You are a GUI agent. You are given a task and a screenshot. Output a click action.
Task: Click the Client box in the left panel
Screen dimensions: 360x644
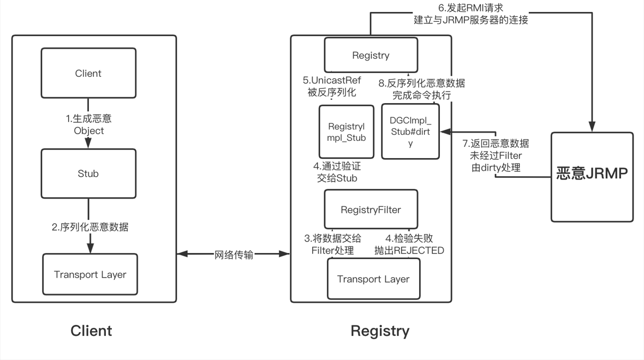[88, 73]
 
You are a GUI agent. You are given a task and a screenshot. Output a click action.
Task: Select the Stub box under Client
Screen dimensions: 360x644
[88, 173]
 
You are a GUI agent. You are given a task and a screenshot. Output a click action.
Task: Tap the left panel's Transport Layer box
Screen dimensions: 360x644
[90, 274]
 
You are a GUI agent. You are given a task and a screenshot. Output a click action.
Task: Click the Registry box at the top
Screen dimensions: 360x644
[371, 55]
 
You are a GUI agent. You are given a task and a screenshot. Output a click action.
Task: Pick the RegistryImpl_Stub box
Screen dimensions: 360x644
[347, 132]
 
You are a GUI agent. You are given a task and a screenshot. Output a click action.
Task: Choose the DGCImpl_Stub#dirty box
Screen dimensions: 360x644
[410, 132]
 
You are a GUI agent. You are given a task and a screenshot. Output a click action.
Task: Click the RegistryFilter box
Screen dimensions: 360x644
[371, 209]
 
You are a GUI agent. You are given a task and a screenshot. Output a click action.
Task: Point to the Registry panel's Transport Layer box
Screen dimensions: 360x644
[373, 279]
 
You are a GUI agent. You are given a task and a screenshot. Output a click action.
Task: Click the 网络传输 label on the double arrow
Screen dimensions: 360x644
[234, 254]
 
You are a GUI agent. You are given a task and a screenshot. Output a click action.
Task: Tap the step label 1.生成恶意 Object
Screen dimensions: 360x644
[88, 124]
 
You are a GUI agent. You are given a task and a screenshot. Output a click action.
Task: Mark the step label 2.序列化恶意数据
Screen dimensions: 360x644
[90, 227]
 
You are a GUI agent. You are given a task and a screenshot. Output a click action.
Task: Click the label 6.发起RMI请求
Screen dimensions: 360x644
[470, 8]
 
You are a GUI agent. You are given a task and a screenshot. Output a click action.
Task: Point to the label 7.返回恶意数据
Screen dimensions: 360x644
[496, 144]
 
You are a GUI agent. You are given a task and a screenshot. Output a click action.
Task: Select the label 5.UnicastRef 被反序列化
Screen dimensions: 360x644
[332, 86]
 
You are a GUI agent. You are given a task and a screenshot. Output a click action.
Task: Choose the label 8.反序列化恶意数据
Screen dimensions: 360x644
[422, 83]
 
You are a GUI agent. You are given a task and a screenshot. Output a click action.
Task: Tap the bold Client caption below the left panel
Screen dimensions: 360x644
[91, 331]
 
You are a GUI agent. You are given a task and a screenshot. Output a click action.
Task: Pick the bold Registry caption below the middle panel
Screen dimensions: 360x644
[380, 331]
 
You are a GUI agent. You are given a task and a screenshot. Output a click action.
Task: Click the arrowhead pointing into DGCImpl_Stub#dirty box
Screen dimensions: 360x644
[444, 131]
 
